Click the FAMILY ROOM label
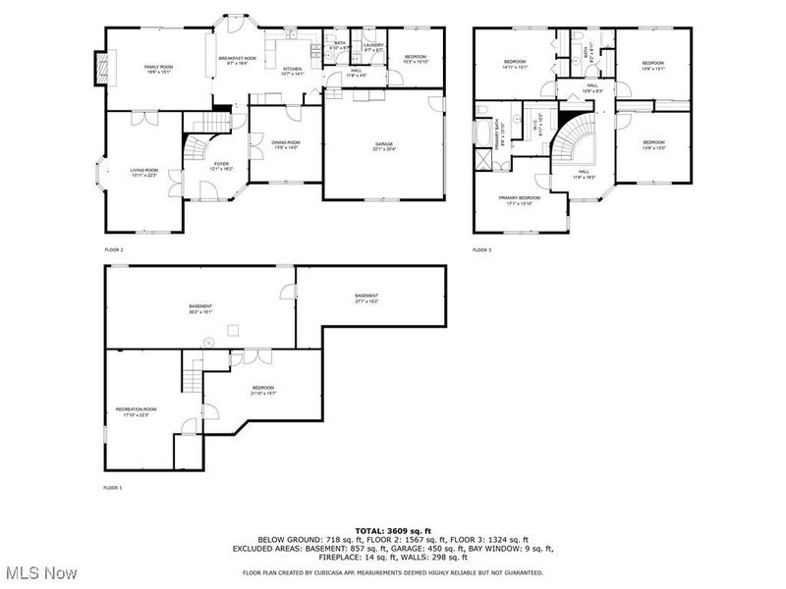click(158, 68)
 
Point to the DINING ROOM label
click(286, 144)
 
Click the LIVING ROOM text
click(143, 172)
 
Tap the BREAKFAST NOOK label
click(237, 60)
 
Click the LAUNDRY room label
click(372, 46)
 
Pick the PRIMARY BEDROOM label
click(520, 199)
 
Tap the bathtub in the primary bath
click(483, 132)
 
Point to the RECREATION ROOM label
click(136, 409)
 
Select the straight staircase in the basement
click(190, 373)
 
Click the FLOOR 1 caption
click(113, 487)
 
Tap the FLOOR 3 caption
click(481, 250)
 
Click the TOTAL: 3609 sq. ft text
click(392, 530)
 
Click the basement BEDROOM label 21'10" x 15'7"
click(263, 389)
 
